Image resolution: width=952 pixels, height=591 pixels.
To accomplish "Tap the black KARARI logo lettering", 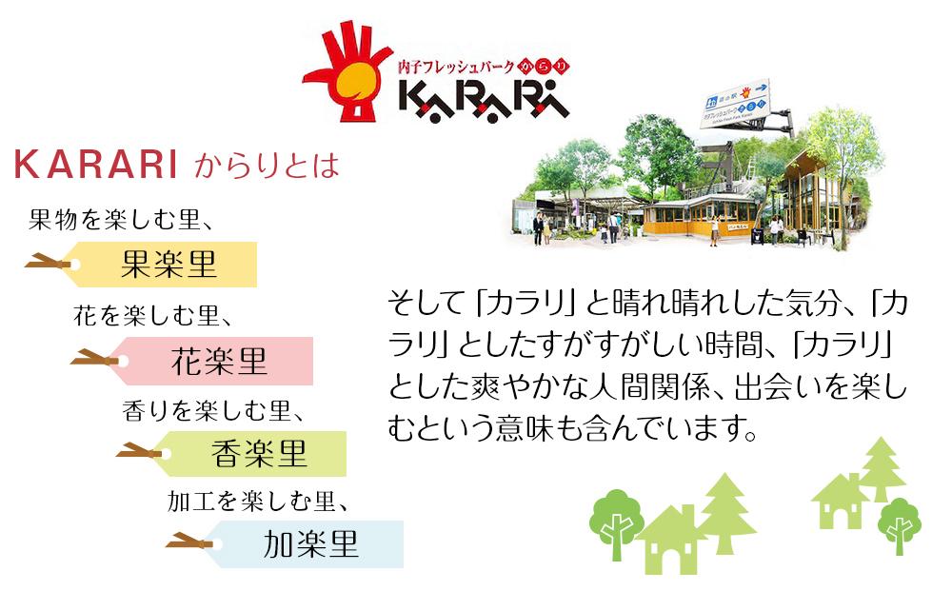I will [485, 96].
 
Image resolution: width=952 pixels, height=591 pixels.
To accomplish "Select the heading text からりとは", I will [267, 167].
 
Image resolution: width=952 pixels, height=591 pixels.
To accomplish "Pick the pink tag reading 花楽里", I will [219, 361].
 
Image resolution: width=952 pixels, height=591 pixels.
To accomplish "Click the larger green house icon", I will [671, 538].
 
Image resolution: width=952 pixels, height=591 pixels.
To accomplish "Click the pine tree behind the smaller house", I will [882, 466].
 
